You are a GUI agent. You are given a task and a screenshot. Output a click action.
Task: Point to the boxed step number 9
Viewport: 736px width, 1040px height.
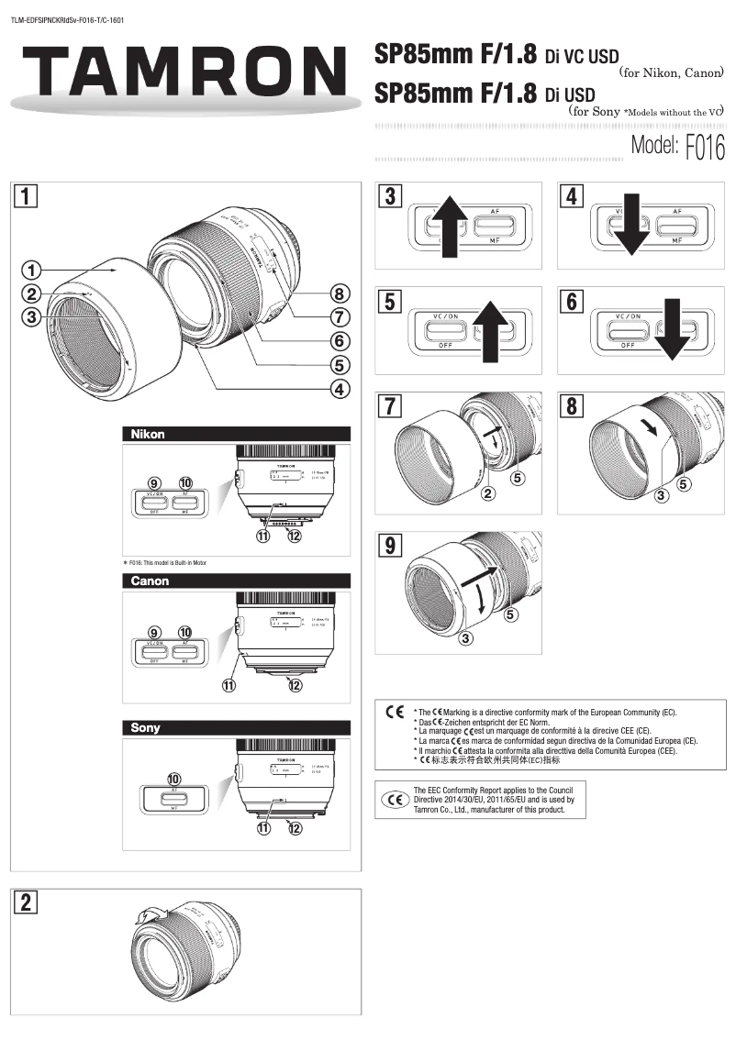[392, 546]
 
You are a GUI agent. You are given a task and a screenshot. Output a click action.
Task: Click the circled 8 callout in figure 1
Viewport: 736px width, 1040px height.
[340, 294]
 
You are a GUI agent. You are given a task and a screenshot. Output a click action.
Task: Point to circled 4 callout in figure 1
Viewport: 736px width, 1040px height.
[340, 389]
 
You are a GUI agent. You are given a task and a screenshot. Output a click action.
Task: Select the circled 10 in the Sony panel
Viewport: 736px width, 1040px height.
[174, 779]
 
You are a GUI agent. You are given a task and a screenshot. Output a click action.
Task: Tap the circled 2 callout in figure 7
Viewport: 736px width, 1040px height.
[489, 494]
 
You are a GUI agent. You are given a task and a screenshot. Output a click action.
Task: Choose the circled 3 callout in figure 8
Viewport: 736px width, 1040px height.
[661, 496]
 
